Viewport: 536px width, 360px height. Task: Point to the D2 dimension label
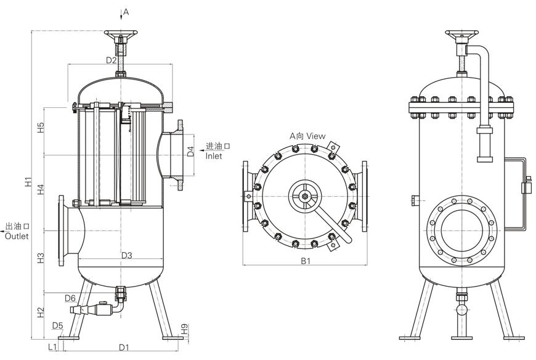pyautogui.click(x=112, y=60)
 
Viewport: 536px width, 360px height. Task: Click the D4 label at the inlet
pyautogui.click(x=191, y=151)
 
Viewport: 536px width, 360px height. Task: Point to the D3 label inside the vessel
pyautogui.click(x=127, y=255)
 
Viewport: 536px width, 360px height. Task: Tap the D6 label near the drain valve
pyautogui.click(x=70, y=298)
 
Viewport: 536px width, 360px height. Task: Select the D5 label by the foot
pyautogui.click(x=58, y=325)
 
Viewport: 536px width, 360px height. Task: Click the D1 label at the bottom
pyautogui.click(x=124, y=348)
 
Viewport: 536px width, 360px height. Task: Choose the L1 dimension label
pyautogui.click(x=53, y=348)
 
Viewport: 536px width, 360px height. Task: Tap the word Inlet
pyautogui.click(x=214, y=157)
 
